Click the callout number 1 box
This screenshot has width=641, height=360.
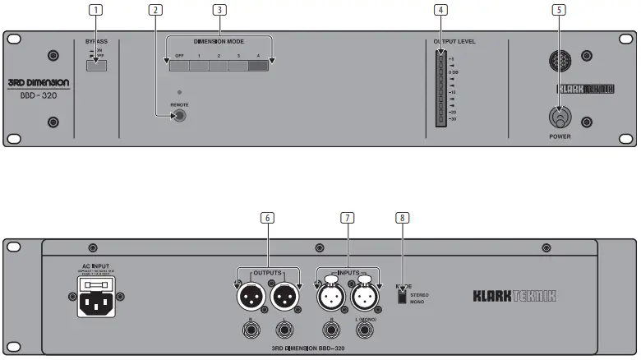(97, 10)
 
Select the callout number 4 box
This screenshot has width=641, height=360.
(441, 10)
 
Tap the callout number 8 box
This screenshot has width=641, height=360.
(401, 218)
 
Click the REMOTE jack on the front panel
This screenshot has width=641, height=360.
(178, 116)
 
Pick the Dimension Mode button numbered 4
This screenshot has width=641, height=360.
(258, 67)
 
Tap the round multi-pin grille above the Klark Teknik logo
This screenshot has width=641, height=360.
(560, 58)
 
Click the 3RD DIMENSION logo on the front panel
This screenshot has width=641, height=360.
(44, 83)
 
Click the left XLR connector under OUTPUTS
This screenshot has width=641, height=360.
(250, 293)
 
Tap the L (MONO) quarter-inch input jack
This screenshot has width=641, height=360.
(363, 330)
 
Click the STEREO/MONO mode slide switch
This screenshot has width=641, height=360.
(402, 297)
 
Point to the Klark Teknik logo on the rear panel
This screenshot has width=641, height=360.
(514, 294)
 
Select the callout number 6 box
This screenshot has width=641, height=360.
(267, 218)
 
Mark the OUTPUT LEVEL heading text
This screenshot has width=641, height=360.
(454, 41)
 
